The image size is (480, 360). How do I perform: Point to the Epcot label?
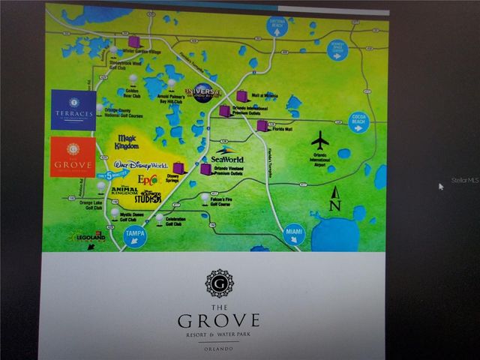pos(147,181)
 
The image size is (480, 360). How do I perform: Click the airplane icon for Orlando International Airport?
pos(320,140)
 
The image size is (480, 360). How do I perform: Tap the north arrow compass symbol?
pos(335,198)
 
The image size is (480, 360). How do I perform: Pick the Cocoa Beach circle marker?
pos(358,122)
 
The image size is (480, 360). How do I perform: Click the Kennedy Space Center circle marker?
pos(337,50)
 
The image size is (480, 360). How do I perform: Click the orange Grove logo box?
pos(73,157)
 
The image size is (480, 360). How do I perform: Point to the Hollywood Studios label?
pos(148,198)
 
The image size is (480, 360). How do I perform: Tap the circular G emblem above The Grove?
pos(219,283)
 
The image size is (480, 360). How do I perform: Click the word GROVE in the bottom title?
pos(219,321)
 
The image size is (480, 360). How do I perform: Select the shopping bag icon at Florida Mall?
pos(262,125)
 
